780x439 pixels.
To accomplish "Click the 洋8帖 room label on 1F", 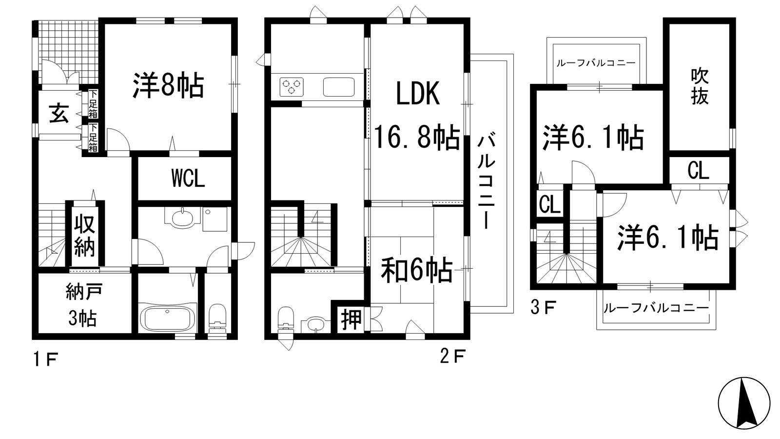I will click(x=168, y=86).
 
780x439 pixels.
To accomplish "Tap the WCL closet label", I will click(x=188, y=179).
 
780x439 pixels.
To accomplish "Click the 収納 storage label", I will click(x=84, y=236).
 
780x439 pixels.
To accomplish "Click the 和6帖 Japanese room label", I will click(x=417, y=271).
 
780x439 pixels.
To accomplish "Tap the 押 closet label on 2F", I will click(x=351, y=320).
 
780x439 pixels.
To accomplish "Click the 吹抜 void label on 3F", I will click(x=700, y=87).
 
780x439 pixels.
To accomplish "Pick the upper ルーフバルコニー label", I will click(x=596, y=63).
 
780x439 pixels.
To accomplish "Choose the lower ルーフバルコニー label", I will click(x=656, y=308).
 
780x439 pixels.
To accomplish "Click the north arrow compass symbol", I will click(x=744, y=403).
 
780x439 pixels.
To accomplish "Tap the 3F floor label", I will click(x=543, y=308).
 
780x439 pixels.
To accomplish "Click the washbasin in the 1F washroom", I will click(x=182, y=217).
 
